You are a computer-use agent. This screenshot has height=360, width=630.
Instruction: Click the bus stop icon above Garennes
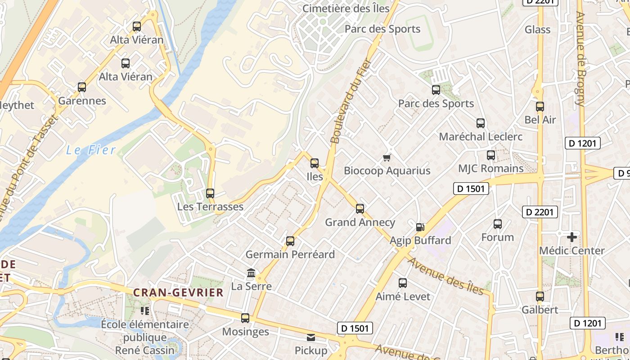point(81,87)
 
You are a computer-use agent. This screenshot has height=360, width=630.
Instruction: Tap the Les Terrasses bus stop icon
point(210,193)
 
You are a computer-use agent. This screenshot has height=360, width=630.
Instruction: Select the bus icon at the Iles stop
point(315,163)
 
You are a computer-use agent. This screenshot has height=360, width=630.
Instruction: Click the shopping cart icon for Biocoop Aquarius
point(387,157)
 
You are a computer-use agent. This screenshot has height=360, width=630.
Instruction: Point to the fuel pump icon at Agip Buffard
point(420,227)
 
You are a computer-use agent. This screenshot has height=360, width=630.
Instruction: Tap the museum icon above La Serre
point(251,273)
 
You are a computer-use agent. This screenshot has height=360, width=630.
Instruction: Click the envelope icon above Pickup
point(311,337)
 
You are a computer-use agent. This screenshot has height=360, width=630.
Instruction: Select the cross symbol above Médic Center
point(572,237)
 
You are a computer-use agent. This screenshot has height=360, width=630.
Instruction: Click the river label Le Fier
point(91,150)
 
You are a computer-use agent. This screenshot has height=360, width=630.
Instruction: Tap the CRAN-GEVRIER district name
point(178,292)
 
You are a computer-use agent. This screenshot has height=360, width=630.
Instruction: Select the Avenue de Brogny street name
point(581,58)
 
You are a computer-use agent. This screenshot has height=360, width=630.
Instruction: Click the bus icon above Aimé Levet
point(403,283)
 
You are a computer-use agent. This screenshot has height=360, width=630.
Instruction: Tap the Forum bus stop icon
point(498,224)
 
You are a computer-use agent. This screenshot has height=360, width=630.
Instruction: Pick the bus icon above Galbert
point(540,297)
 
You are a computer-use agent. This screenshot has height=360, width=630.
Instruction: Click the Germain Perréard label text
point(290,254)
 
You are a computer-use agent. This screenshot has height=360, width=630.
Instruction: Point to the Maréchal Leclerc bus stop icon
point(481,123)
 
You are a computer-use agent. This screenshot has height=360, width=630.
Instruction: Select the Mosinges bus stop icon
point(245,318)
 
